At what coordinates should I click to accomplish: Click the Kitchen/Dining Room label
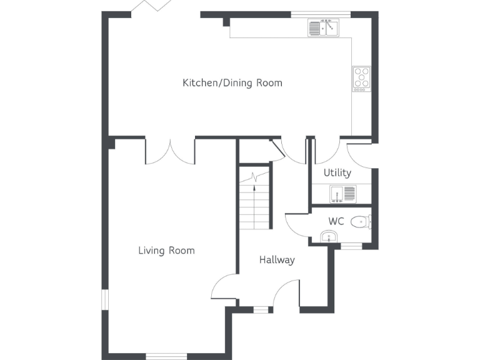click(x=232, y=82)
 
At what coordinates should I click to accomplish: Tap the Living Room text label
click(x=166, y=251)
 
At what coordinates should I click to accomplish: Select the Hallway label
click(x=277, y=260)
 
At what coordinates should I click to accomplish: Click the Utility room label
click(x=337, y=172)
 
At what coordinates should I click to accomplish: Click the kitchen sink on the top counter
click(x=323, y=28)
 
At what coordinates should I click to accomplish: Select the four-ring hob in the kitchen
click(x=361, y=78)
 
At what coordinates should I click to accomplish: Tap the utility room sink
click(x=342, y=194)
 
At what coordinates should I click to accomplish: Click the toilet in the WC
click(x=361, y=221)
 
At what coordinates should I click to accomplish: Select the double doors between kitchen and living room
click(x=170, y=151)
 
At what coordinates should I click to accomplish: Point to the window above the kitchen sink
click(x=321, y=14)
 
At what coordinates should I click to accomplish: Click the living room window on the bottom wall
click(x=166, y=357)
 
